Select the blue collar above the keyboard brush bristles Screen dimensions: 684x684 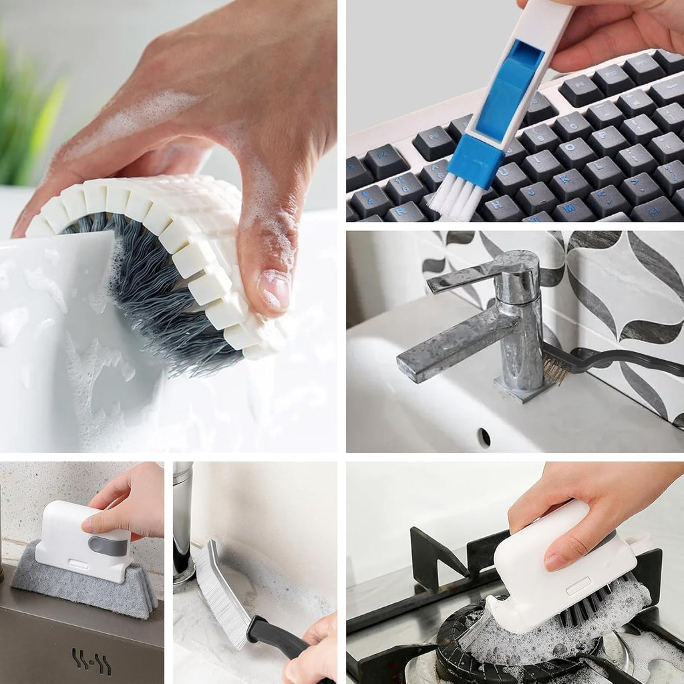476,161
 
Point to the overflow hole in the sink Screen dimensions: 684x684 484,438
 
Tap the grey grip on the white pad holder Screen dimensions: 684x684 108,545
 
